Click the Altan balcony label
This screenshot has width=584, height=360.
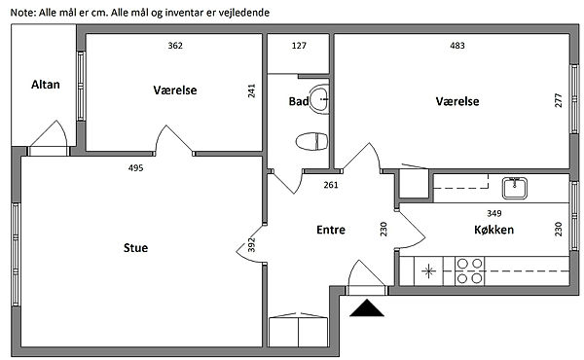click(x=46, y=85)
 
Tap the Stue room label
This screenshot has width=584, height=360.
click(x=135, y=248)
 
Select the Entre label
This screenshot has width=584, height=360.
click(x=331, y=230)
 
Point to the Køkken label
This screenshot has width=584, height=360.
click(x=493, y=230)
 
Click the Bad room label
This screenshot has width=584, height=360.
click(x=299, y=101)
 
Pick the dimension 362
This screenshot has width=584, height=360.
click(x=175, y=46)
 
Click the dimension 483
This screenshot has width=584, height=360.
click(x=457, y=46)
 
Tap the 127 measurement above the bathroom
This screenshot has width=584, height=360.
click(x=299, y=46)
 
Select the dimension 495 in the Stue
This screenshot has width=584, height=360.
click(x=135, y=168)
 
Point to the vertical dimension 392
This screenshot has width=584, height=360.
click(x=252, y=244)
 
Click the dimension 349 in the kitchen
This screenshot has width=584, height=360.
click(x=493, y=213)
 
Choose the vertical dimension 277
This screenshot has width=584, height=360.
click(x=559, y=100)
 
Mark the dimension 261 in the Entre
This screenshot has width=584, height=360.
click(x=331, y=185)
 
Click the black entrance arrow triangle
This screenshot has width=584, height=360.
click(x=367, y=308)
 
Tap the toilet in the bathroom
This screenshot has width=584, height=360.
click(x=312, y=141)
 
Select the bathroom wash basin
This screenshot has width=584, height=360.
click(x=319, y=99)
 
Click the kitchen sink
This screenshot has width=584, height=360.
click(x=514, y=188)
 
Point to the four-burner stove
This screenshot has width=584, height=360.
click(x=470, y=271)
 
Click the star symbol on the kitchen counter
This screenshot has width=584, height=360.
click(x=428, y=271)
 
